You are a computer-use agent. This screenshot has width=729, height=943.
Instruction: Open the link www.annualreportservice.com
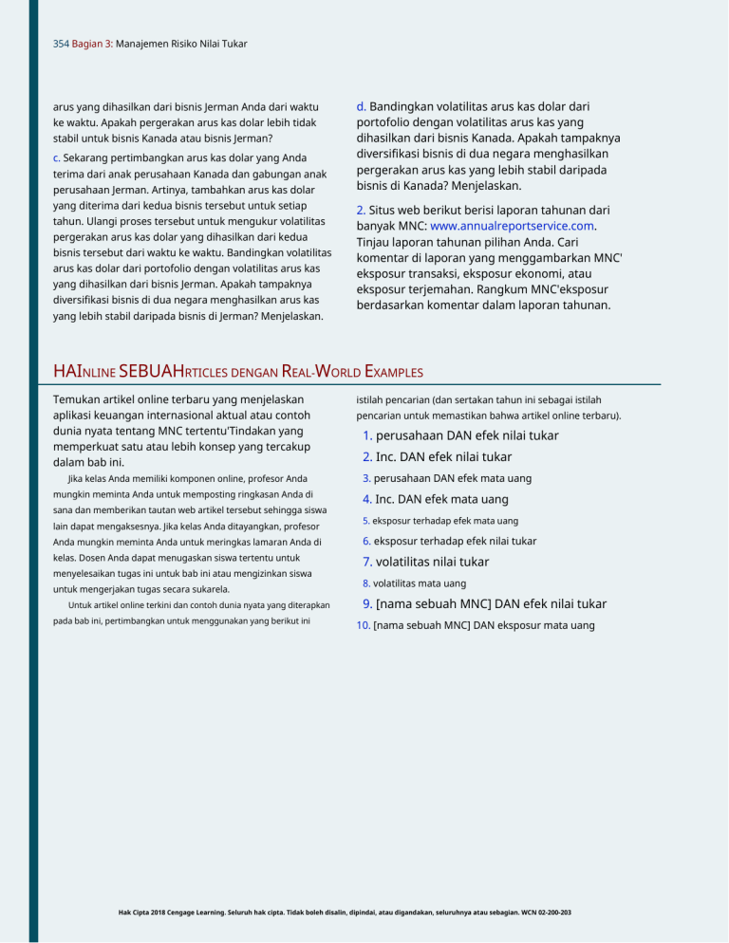514,226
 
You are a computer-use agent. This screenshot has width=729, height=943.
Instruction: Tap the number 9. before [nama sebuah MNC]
368,603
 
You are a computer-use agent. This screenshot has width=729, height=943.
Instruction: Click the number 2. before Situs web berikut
361,209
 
